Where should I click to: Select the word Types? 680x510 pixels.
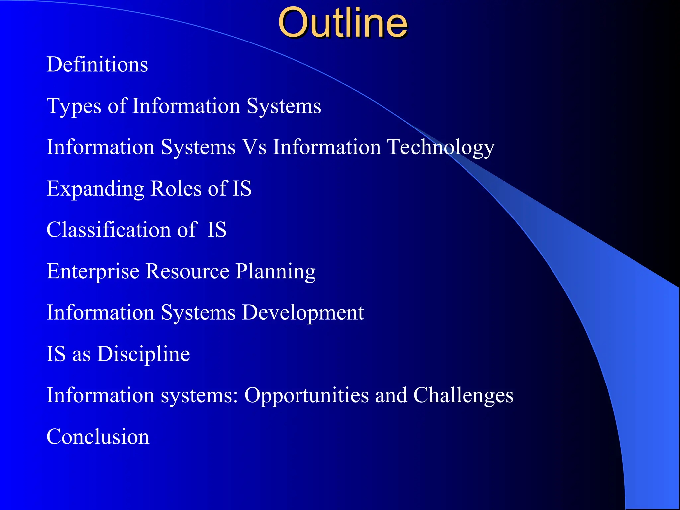point(74,106)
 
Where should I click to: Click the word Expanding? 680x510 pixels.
point(95,189)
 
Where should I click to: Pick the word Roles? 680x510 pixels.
point(176,188)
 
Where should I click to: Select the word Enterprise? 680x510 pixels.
point(93,272)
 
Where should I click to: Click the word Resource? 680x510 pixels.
point(187,271)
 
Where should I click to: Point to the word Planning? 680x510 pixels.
point(276,272)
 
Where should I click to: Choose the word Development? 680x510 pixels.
point(302,313)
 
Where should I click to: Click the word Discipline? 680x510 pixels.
point(143,354)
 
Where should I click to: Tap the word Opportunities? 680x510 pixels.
point(306,396)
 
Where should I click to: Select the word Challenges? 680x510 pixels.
point(463,396)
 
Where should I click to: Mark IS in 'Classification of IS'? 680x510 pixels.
point(217,230)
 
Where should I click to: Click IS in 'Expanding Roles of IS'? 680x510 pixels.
point(242,188)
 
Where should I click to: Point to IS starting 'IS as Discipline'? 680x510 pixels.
point(56,354)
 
